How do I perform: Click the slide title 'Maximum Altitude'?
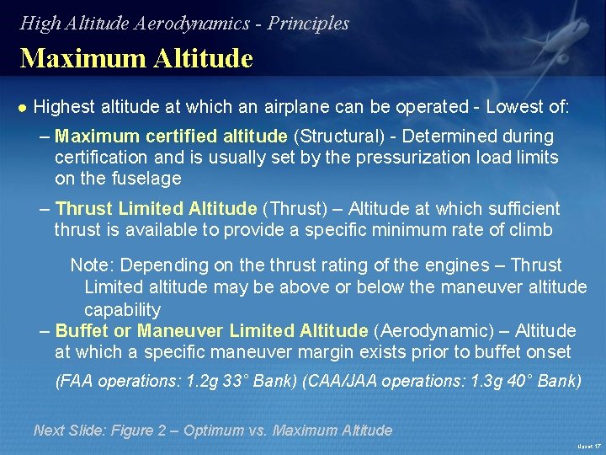click(136, 58)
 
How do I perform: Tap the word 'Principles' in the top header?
click(308, 24)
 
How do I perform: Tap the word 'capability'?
click(122, 309)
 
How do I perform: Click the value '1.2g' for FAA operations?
click(200, 381)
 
